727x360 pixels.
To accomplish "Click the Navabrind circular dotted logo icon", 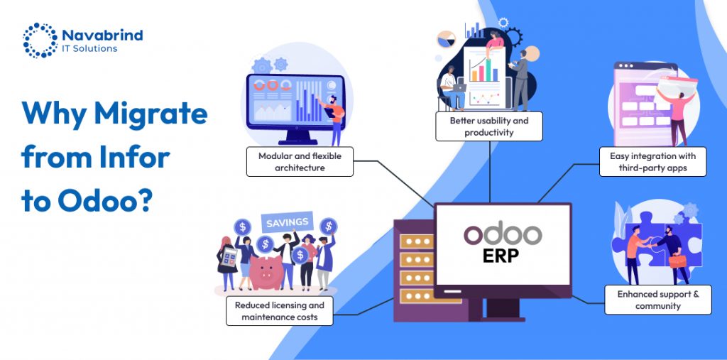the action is point(40,40).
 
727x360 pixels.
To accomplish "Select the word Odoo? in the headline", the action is point(105,202).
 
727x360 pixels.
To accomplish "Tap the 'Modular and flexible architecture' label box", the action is point(300,162).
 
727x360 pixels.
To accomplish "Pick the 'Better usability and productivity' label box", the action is point(488,126).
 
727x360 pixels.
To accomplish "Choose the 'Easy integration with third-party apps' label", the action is point(652,162).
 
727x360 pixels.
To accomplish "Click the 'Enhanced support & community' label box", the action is point(658,300).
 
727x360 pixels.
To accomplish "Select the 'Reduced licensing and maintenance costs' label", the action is point(279,311).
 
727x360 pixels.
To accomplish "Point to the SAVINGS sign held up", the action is point(288,222).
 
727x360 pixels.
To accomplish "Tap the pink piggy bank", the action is point(266,273).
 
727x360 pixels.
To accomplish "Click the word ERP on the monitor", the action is point(503,256).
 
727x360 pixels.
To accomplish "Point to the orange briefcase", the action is point(677,261).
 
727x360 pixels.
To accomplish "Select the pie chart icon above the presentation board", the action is point(446,39).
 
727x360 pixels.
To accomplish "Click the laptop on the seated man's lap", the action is point(459,87).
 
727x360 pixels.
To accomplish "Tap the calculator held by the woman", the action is point(230,256).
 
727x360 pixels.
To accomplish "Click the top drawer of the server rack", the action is point(416,241).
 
